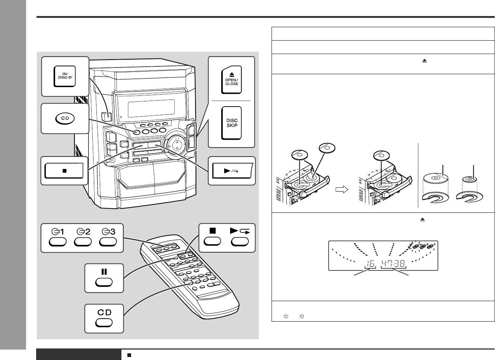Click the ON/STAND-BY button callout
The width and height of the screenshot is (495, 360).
[65, 76]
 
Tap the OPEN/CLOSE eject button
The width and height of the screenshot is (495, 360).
[231, 79]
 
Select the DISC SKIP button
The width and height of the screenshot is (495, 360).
[231, 123]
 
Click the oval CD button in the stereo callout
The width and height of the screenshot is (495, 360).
[65, 118]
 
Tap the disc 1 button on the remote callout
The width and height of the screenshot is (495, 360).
[57, 241]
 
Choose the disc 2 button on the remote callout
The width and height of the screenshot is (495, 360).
[83, 241]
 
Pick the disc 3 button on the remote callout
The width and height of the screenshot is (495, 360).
[108, 241]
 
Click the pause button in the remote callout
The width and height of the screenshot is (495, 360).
[104, 282]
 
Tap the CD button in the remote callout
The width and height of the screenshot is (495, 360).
[104, 323]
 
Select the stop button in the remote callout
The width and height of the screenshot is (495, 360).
[212, 241]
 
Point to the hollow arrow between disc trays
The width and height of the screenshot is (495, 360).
[342, 190]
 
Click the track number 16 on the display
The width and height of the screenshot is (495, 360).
[370, 263]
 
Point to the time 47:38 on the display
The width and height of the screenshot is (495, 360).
[393, 263]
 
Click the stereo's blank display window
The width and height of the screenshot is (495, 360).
[151, 108]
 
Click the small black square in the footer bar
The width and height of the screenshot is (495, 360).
[129, 355]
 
